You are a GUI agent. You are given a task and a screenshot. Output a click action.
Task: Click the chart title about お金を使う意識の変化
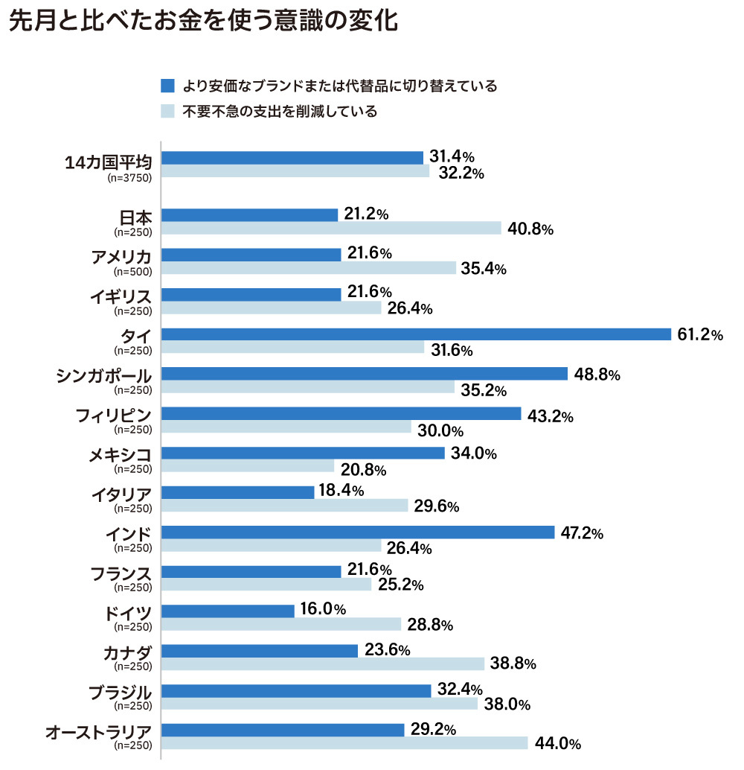[202, 22]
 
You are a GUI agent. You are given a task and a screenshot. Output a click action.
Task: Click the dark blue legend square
[167, 86]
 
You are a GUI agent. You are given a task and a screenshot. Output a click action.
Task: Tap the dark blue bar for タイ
[416, 334]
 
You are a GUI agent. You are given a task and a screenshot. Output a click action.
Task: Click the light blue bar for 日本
[331, 228]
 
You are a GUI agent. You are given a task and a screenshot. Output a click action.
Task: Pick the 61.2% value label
[699, 335]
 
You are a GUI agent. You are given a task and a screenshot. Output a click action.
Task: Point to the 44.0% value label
[557, 743]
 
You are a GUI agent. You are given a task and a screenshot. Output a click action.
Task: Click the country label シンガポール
[104, 375]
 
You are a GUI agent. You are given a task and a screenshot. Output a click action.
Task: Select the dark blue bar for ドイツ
[228, 611]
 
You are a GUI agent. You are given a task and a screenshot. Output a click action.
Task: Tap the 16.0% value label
[323, 609]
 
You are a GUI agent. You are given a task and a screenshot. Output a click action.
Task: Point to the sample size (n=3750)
[129, 179]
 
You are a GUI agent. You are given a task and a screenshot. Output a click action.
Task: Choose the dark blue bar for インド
[358, 532]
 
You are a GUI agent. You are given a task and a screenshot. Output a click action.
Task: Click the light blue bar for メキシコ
[248, 466]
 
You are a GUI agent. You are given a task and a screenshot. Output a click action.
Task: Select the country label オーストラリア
[98, 731]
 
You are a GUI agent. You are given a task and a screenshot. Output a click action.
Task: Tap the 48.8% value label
[597, 375]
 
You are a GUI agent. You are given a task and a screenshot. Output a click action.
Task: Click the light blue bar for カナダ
[323, 664]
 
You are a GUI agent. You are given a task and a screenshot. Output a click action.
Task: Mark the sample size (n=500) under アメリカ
[132, 271]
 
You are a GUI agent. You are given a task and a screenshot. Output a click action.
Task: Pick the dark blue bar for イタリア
[237, 492]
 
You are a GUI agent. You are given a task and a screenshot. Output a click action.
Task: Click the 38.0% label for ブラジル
[507, 704]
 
